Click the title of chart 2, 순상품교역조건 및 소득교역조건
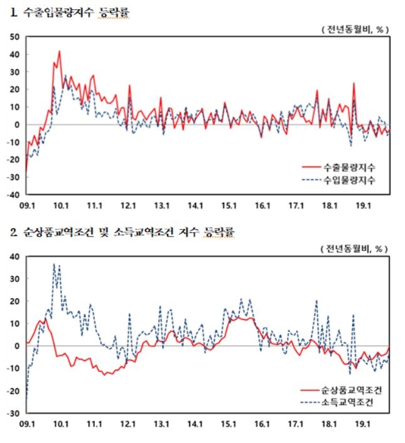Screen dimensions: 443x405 [122, 232]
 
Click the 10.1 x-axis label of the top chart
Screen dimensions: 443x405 [61, 205]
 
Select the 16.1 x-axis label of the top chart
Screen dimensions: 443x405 [262, 205]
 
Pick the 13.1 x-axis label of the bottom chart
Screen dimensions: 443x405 [162, 424]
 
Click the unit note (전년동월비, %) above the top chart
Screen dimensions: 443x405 [355, 29]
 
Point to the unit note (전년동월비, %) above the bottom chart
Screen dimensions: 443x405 [355, 248]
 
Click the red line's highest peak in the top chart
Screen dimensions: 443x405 [59, 51]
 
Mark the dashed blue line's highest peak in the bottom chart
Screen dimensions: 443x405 [54, 264]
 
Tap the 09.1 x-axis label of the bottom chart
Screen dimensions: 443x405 [26, 424]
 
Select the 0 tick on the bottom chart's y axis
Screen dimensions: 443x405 [18, 346]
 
